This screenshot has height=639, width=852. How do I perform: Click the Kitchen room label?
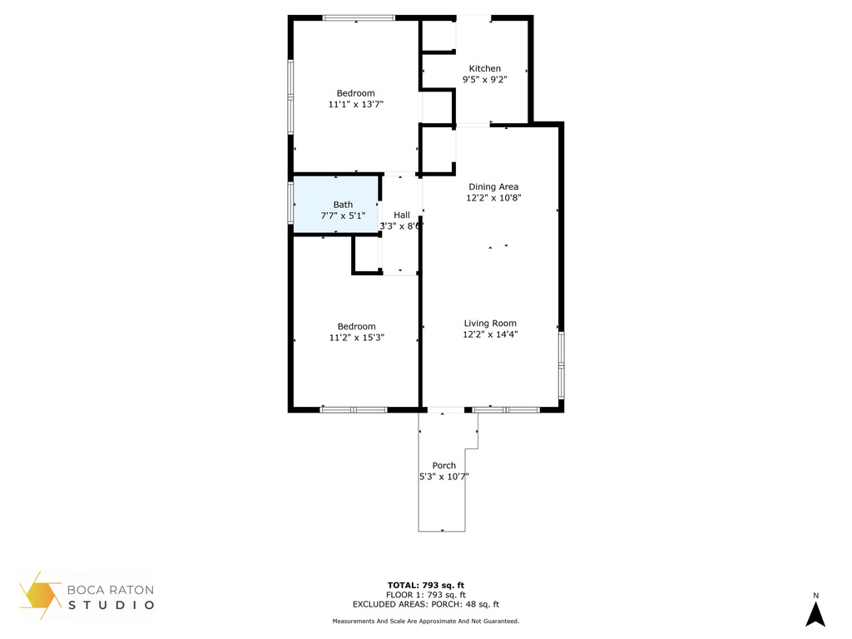point(485,68)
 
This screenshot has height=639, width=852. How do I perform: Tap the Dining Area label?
point(493,186)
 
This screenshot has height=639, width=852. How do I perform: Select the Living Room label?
point(490,324)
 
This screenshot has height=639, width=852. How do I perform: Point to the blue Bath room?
point(336,205)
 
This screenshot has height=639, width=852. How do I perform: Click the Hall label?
point(402,215)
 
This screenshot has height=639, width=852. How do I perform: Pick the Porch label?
point(444,466)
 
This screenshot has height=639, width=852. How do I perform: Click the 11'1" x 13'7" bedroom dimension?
point(356,104)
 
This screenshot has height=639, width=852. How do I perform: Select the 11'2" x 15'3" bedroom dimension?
point(356,338)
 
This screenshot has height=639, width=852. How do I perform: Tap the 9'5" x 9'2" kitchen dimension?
point(485,80)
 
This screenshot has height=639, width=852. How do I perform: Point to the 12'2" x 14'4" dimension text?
point(490,334)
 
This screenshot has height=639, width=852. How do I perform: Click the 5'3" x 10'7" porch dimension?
point(444,477)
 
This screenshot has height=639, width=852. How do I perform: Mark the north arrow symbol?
point(815,614)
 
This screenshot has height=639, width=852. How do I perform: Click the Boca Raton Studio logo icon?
point(40,595)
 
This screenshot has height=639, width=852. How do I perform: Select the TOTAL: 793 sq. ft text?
point(425,585)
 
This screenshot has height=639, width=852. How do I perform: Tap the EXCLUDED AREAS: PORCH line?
point(425,604)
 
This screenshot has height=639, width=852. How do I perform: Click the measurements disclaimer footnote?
point(425,621)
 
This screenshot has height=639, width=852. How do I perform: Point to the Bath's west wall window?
point(290,203)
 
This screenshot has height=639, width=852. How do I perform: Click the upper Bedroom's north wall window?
point(359,18)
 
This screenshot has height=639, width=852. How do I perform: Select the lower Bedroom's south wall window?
point(353,409)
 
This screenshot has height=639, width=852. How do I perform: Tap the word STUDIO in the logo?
point(111,605)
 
